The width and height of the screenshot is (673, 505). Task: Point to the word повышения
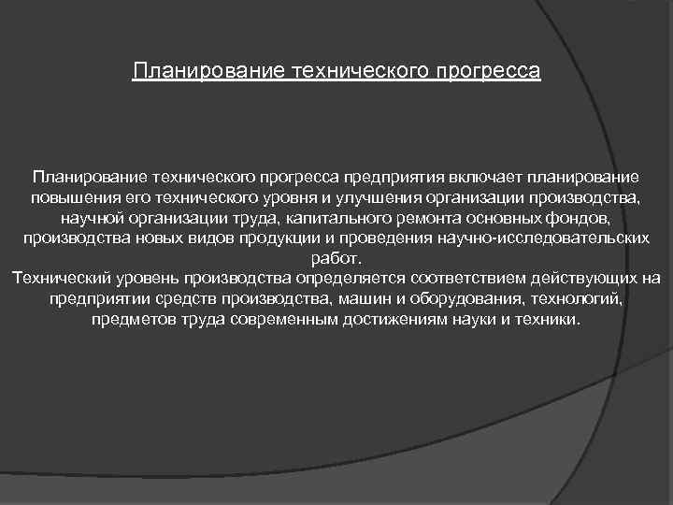(66, 197)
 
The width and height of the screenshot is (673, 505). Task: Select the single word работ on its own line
(335, 259)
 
